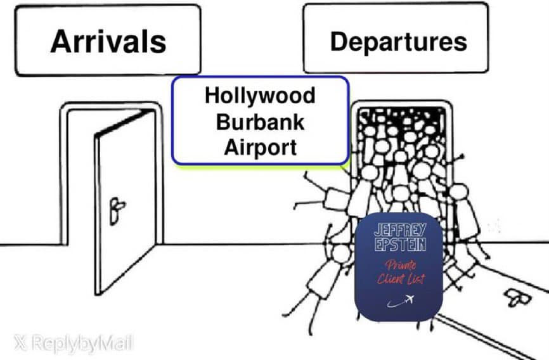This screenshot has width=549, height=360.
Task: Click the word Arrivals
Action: click(x=108, y=42)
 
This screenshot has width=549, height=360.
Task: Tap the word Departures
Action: click(x=398, y=41)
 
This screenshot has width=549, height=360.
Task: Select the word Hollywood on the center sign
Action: click(x=260, y=96)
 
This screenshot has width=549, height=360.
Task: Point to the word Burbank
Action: click(x=260, y=122)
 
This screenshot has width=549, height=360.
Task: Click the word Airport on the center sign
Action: click(x=260, y=147)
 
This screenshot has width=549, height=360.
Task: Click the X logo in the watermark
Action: click(x=20, y=344)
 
